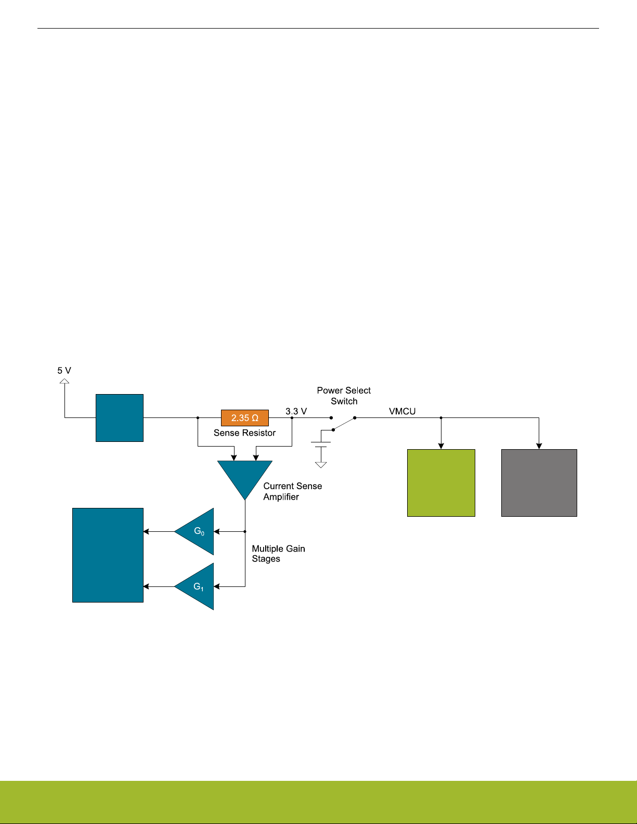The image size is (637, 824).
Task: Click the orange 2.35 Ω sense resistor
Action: [244, 418]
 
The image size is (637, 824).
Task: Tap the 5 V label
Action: [64, 371]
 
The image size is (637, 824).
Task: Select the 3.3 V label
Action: [296, 411]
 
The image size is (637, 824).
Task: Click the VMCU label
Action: [402, 411]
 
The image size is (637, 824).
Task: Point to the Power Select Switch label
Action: [344, 396]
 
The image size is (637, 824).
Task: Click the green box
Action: [441, 482]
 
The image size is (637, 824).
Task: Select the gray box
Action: [539, 482]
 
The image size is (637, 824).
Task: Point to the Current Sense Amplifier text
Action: [292, 491]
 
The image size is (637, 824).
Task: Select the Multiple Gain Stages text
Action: [278, 554]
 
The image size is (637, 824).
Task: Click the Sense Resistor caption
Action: [244, 433]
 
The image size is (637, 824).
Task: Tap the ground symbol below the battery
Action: [321, 464]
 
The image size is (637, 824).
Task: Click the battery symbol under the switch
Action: [321, 444]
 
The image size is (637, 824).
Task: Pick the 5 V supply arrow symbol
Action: [64, 381]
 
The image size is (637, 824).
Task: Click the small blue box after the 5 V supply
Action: [119, 418]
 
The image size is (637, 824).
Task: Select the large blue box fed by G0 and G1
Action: [108, 555]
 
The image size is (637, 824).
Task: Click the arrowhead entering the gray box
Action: [539, 446]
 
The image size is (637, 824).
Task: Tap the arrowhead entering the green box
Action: [441, 446]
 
